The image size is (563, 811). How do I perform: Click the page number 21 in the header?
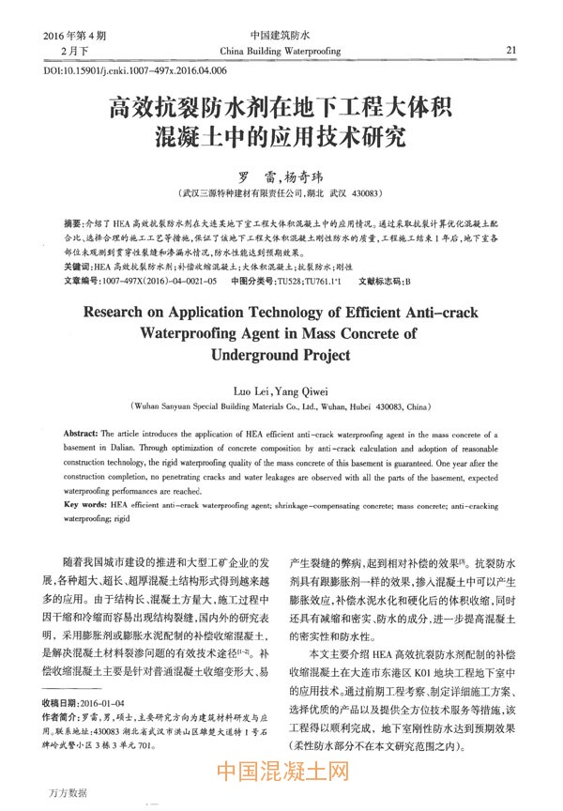pyautogui.click(x=511, y=50)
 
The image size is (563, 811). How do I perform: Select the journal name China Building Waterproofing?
pyautogui.click(x=281, y=50)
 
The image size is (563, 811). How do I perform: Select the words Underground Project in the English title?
pyautogui.click(x=281, y=355)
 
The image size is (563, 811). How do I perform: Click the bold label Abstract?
pyautogui.click(x=92, y=437)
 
